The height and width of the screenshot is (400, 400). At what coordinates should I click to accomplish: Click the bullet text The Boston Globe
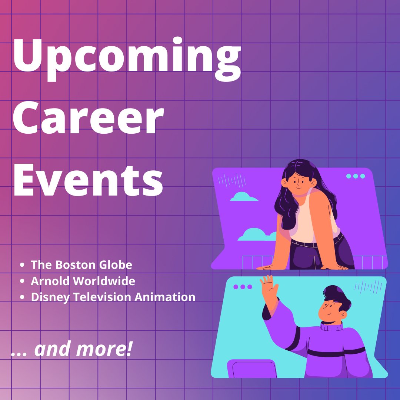pos(81,265)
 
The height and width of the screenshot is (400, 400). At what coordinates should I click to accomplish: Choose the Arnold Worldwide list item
pos(83,281)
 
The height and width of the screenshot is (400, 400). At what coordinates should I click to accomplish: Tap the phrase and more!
pos(83,350)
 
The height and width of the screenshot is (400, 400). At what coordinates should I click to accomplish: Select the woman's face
pos(297,181)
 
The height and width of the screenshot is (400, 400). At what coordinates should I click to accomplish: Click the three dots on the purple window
pos(356,176)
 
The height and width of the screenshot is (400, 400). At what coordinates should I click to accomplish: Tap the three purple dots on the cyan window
pos(243,287)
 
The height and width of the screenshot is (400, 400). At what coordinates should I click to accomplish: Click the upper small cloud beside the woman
pos(244,197)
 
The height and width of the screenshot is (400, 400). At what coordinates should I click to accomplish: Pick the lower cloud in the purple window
pos(256,234)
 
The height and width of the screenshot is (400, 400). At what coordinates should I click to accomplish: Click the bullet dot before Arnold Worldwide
pos(23,281)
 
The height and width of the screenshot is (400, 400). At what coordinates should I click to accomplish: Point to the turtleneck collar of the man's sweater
pos(331,326)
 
